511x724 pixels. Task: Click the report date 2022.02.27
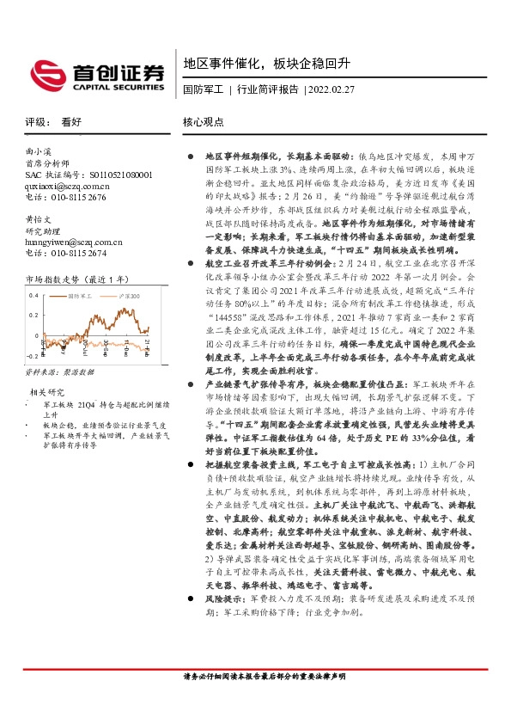330,89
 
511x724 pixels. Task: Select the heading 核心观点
204,122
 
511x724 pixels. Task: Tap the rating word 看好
71,122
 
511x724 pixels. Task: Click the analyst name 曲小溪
40,152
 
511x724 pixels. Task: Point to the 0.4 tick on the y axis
33,295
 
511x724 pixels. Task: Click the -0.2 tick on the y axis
32,354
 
